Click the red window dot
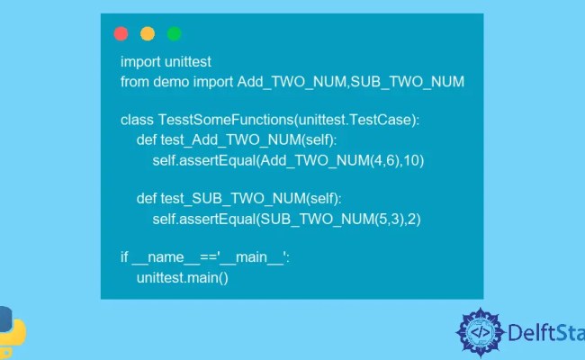tap(121, 34)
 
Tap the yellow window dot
tap(148, 34)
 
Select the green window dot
tap(175, 34)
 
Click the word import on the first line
tap(139, 61)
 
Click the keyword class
tap(138, 120)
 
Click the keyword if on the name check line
tap(125, 257)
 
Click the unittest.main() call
tap(183, 278)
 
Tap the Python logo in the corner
tap(11, 328)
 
